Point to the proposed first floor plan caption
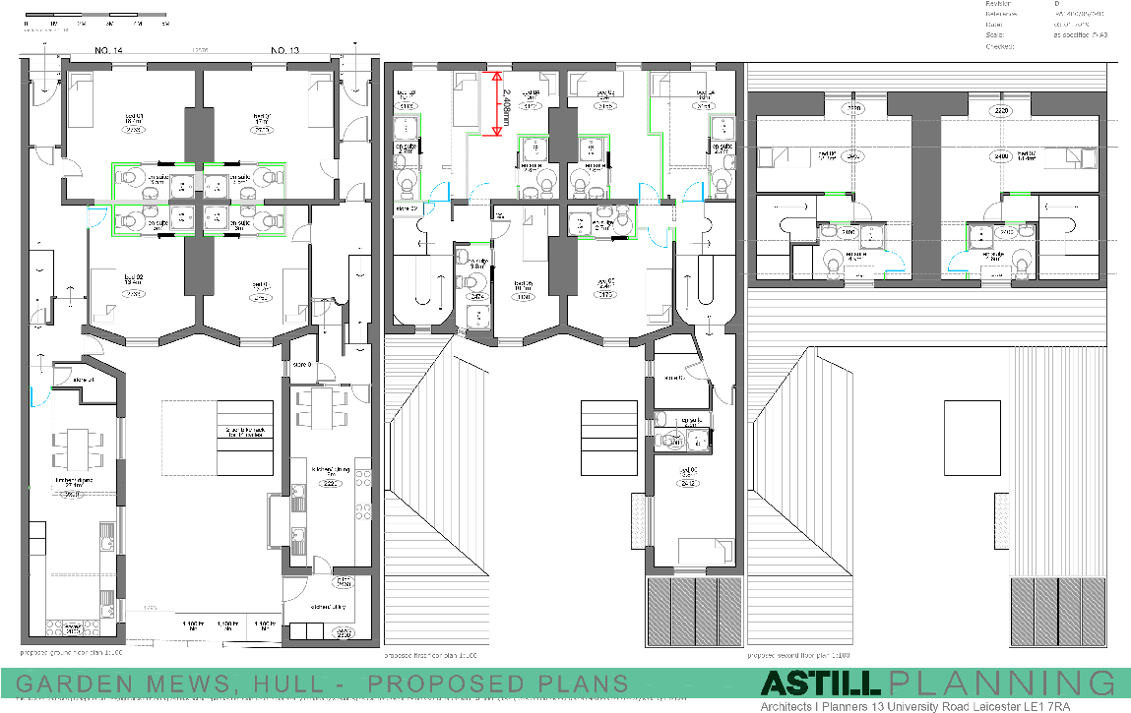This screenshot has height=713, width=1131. pyautogui.click(x=430, y=655)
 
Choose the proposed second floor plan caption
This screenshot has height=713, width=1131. pyautogui.click(x=797, y=655)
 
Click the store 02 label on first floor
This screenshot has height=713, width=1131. pyautogui.click(x=408, y=208)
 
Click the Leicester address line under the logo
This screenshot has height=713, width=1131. pyautogui.click(x=934, y=706)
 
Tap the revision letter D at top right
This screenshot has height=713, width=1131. pyautogui.click(x=1056, y=4)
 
